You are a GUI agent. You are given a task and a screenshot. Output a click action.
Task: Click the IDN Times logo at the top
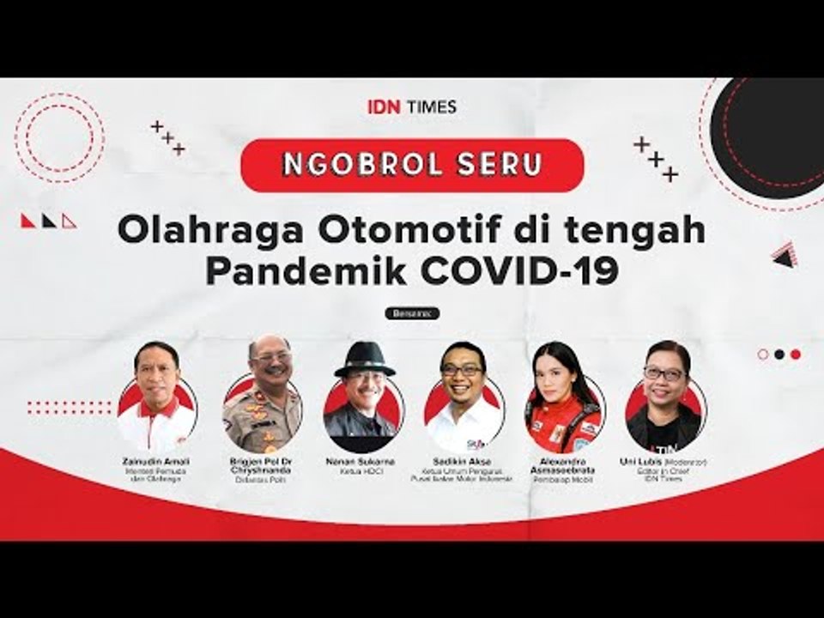pyautogui.click(x=412, y=107)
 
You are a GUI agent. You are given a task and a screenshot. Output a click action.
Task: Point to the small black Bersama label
pyautogui.click(x=412, y=313)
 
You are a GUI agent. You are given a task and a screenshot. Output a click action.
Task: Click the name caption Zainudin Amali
pyautogui.click(x=157, y=462)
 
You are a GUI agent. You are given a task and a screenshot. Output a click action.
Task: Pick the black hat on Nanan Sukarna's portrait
pyautogui.click(x=364, y=356)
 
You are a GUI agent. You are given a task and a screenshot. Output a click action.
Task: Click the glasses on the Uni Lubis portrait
pyautogui.click(x=663, y=374)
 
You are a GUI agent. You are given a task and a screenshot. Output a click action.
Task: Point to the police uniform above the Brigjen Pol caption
pyautogui.click(x=263, y=425)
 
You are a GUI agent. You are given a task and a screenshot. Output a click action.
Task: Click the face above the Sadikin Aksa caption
pyautogui.click(x=462, y=373)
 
